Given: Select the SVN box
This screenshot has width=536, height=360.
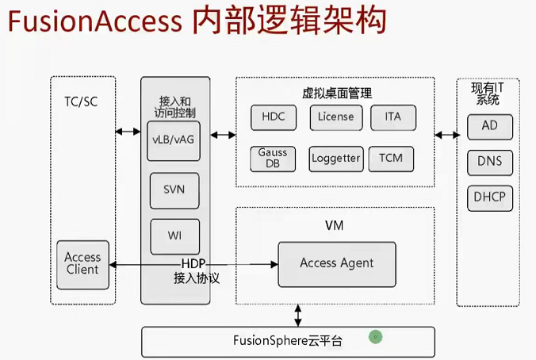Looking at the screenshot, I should tap(174, 190).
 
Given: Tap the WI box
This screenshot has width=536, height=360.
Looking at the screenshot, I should tap(174, 236).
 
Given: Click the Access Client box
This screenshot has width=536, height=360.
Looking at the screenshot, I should tap(82, 263).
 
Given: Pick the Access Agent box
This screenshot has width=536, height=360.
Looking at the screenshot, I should tap(336, 263).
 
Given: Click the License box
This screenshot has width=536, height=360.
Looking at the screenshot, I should tap(336, 117).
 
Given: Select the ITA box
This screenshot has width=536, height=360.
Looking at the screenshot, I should tap(393, 117).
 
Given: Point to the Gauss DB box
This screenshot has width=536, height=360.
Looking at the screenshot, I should tap(273, 158).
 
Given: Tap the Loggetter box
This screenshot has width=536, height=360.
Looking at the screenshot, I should tap(336, 158).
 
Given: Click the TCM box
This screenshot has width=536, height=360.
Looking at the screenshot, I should tap(391, 158).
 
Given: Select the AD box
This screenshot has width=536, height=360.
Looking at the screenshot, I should tap(489, 127).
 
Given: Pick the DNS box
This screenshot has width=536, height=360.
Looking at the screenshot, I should tap(489, 163).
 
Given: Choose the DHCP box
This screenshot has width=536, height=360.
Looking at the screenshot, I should tap(489, 197).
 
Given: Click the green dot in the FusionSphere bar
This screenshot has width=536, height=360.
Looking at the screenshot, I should tap(376, 337).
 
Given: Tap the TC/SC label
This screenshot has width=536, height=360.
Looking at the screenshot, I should tap(82, 101).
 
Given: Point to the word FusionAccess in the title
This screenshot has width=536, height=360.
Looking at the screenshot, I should tap(95, 21).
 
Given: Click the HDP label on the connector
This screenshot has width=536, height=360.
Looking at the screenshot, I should tap(193, 263).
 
